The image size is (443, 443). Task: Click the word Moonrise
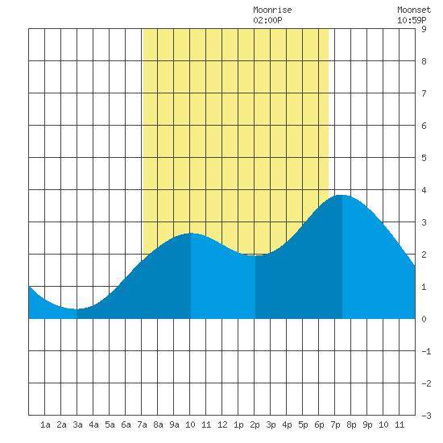pyautogui.click(x=272, y=10)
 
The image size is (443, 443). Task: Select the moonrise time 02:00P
pyautogui.click(x=267, y=20)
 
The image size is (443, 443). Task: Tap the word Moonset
pyautogui.click(x=414, y=10)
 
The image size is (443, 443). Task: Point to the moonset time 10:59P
pyautogui.click(x=412, y=20)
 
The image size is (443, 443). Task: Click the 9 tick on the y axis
pyautogui.click(x=424, y=29)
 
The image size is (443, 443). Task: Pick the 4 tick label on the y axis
pyautogui.click(x=424, y=190)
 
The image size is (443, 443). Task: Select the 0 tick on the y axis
pyautogui.click(x=424, y=319)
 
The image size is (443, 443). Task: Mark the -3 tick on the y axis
pyautogui.click(x=426, y=416)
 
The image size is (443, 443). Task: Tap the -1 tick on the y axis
pyautogui.click(x=426, y=351)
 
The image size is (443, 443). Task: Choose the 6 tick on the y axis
pyautogui.click(x=424, y=126)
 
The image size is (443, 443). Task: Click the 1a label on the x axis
pyautogui.click(x=45, y=424)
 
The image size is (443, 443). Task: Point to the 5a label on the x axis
pyautogui.click(x=110, y=424)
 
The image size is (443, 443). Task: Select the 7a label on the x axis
pyautogui.click(x=142, y=424)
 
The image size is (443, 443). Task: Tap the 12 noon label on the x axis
pyautogui.click(x=222, y=424)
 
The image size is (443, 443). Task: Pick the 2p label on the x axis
pyautogui.click(x=255, y=424)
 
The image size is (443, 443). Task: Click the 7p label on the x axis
pyautogui.click(x=335, y=424)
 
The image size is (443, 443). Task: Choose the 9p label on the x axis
pyautogui.click(x=367, y=424)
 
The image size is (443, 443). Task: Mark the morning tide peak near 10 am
pyautogui.click(x=191, y=234)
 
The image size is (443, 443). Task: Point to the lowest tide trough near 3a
pyautogui.click(x=77, y=309)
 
